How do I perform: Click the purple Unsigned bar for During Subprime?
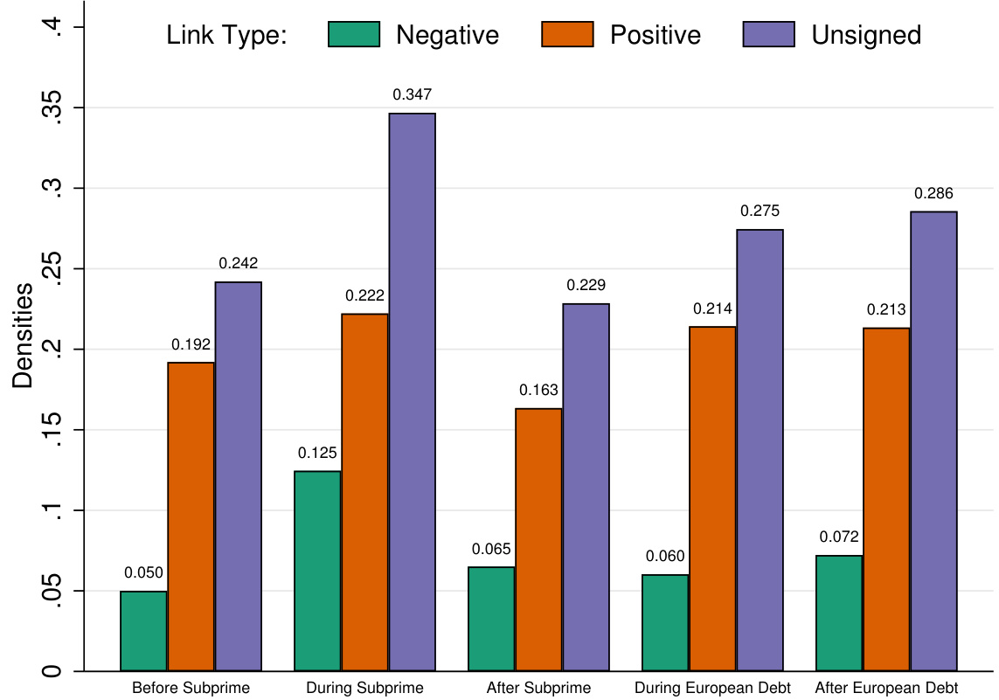tap(413, 392)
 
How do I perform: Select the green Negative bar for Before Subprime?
tap(144, 631)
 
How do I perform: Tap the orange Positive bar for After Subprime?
tap(539, 539)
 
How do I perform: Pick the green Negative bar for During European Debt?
tap(665, 622)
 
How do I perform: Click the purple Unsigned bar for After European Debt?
tap(934, 441)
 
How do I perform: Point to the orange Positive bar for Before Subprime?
tap(191, 516)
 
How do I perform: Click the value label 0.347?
tap(413, 94)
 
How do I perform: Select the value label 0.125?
tap(317, 453)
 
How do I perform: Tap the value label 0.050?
tap(144, 573)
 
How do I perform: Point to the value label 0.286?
tap(934, 193)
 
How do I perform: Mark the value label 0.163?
tap(539, 390)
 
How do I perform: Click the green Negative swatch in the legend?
tap(355, 35)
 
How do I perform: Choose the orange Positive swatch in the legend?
tap(568, 35)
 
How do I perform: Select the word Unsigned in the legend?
tap(866, 35)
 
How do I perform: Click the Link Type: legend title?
tap(227, 35)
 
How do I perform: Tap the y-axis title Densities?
tap(23, 336)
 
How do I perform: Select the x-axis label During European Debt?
tap(713, 688)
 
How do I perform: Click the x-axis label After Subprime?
tap(538, 688)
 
